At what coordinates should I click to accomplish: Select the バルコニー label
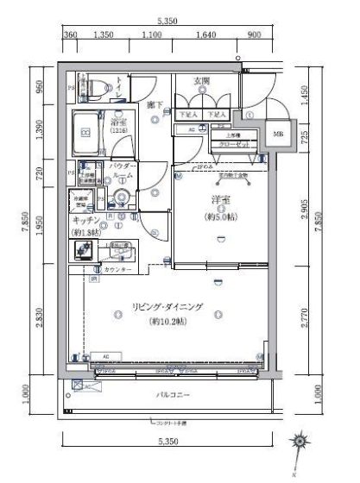click(x=173, y=396)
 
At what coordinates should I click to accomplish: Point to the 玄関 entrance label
click(x=202, y=81)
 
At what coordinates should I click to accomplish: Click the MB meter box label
click(x=278, y=135)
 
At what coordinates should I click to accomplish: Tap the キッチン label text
click(x=83, y=220)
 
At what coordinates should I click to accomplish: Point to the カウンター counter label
click(x=118, y=271)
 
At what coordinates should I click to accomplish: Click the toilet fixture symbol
click(x=95, y=85)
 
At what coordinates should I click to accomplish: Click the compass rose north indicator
click(x=299, y=442)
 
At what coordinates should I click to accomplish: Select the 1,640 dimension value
click(x=205, y=36)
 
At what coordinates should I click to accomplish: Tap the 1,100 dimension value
click(x=150, y=36)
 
